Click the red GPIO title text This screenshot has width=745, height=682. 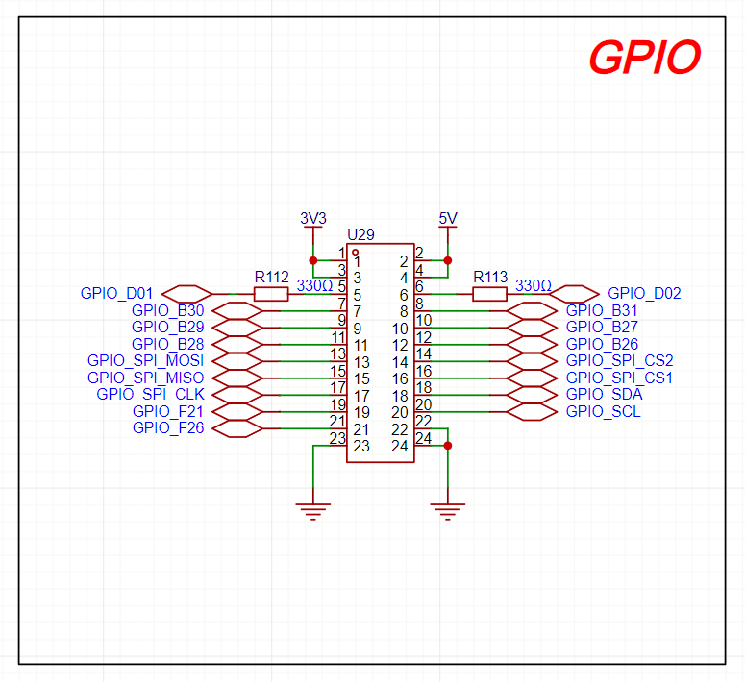tap(644, 59)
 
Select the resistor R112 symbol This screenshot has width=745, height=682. tap(271, 294)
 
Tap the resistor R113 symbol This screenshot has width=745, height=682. tap(490, 294)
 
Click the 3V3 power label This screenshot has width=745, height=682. tap(313, 219)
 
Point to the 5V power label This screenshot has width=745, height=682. tap(448, 219)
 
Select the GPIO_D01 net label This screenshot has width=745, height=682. tap(116, 293)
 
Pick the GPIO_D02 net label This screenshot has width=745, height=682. tap(644, 293)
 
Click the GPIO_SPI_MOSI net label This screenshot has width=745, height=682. tap(145, 361)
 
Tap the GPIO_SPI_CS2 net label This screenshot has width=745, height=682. tap(619, 361)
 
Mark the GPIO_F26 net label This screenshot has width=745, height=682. tap(168, 428)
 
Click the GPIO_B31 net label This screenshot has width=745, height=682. tap(602, 310)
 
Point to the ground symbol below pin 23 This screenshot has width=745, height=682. tap(312, 510)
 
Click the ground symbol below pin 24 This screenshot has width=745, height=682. tap(447, 510)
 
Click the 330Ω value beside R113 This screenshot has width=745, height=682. tap(534, 285)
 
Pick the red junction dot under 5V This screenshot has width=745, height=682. tap(448, 260)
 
